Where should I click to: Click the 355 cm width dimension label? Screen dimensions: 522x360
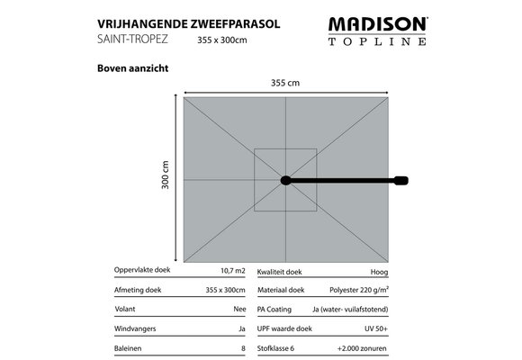point(285,84)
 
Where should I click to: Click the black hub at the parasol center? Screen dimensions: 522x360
point(286,180)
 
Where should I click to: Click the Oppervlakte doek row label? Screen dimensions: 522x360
point(144,271)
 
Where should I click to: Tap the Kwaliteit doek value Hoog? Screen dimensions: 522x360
point(379,271)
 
